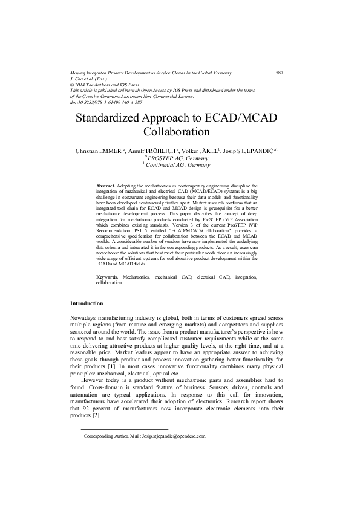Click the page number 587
[x=280, y=73]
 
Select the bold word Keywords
[x=108, y=277]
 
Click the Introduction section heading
[x=87, y=303]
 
